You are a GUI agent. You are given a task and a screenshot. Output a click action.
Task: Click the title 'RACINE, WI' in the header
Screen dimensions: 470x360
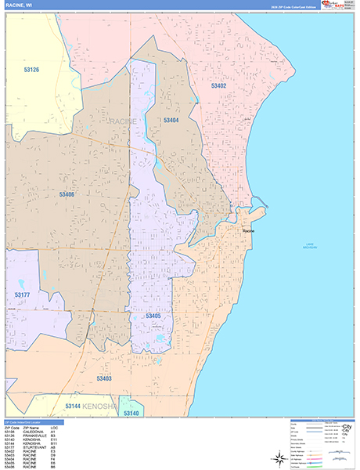18,5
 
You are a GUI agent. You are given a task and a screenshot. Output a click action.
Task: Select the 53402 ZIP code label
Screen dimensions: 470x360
218,85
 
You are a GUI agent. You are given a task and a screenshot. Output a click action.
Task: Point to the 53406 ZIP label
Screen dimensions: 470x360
67,193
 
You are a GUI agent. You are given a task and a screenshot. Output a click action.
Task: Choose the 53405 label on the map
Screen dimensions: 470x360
153,316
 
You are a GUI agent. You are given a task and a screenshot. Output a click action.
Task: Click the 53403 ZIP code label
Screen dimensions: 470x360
104,378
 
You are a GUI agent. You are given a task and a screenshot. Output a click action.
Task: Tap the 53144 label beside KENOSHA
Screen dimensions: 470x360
73,407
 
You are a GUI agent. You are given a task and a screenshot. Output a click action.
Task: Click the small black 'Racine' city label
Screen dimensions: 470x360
248,232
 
